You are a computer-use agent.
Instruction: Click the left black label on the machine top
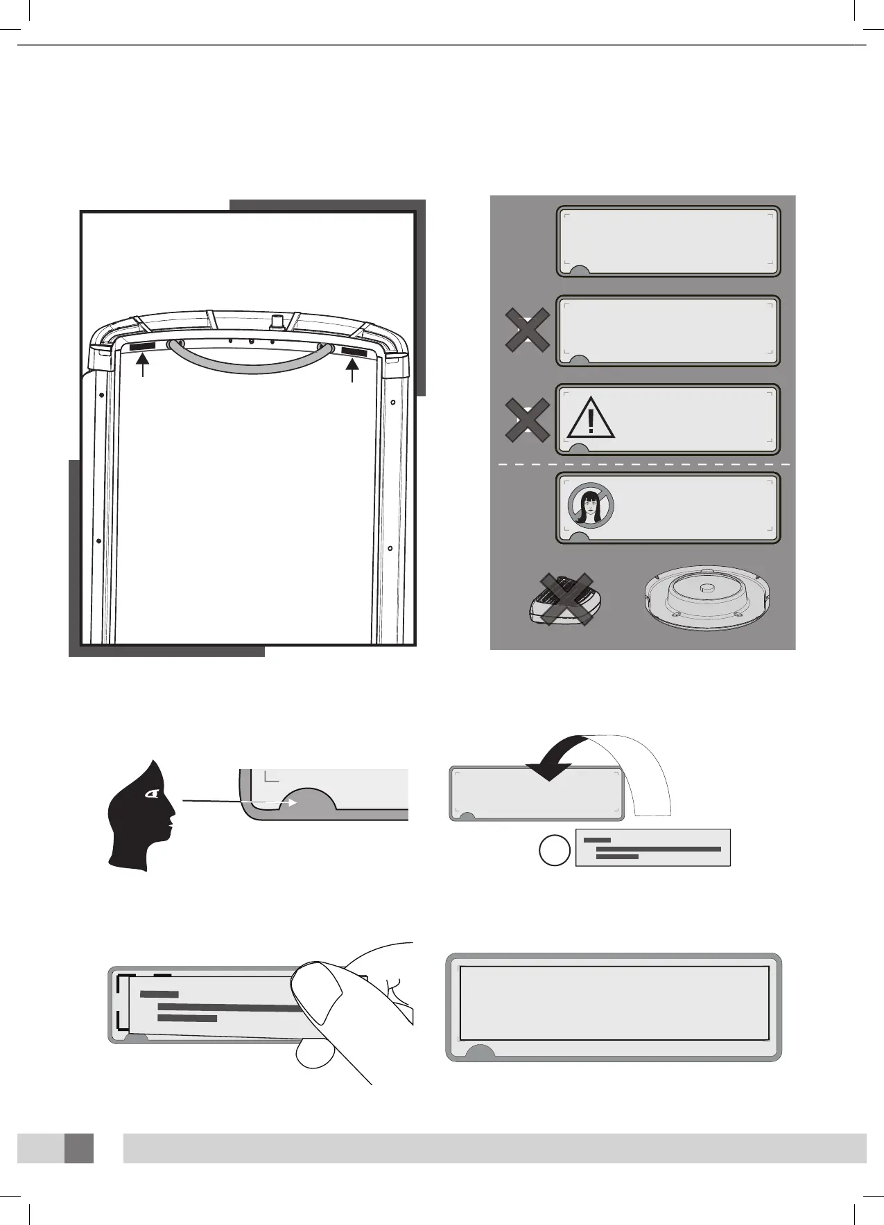click(x=142, y=345)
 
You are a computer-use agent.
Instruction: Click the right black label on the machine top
click(x=354, y=352)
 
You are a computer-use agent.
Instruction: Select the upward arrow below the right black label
click(x=354, y=371)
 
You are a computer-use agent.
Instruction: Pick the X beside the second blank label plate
click(x=528, y=331)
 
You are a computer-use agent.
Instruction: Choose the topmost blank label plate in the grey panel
click(x=668, y=241)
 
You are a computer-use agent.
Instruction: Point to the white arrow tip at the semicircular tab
click(x=294, y=803)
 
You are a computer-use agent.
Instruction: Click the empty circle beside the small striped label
click(x=555, y=849)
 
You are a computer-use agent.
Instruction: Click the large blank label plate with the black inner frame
click(x=614, y=1006)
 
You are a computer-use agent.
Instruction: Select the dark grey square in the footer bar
click(x=79, y=1148)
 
